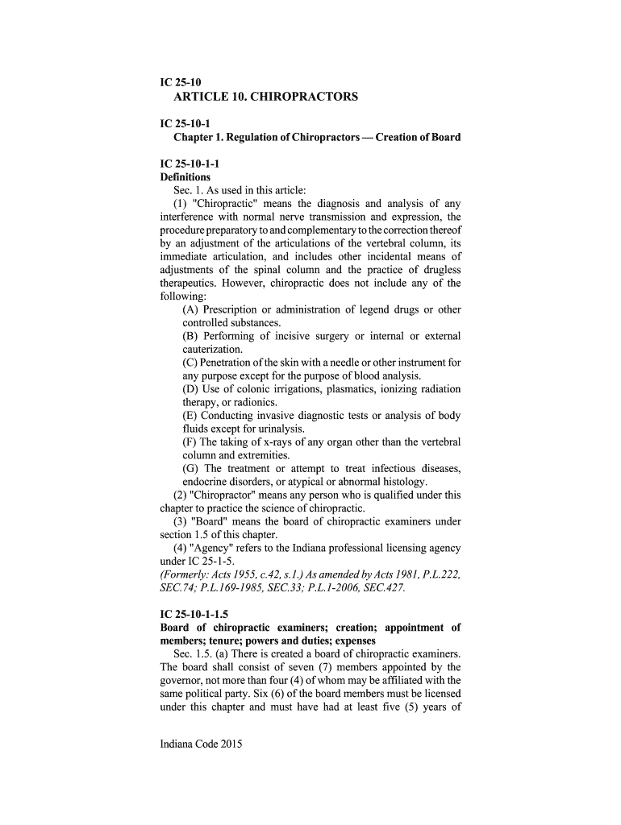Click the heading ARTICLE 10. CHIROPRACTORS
[265, 97]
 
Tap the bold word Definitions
[185, 176]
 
